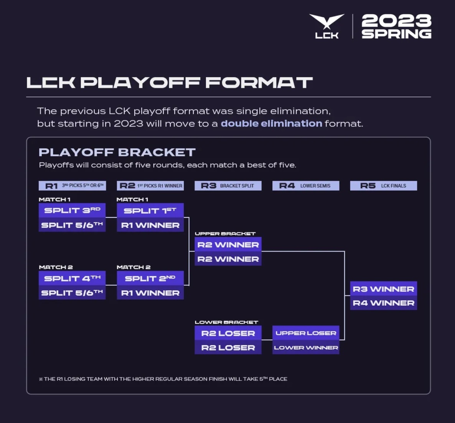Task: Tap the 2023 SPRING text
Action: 396,26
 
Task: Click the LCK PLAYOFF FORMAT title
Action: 169,82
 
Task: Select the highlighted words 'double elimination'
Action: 271,123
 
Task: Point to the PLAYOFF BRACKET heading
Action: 117,152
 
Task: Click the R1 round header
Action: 72,186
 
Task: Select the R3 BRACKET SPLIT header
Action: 228,186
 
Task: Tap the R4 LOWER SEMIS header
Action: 306,186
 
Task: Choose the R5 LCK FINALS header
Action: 383,186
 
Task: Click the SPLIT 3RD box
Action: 72,210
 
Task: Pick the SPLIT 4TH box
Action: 72,278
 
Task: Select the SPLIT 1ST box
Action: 150,211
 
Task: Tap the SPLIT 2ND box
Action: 150,278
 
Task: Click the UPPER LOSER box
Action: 306,333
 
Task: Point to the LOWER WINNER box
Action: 306,347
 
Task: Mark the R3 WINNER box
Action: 383,289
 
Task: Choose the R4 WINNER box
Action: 383,303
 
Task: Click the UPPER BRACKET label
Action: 225,234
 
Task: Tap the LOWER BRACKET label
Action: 226,322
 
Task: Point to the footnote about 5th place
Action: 163,379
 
